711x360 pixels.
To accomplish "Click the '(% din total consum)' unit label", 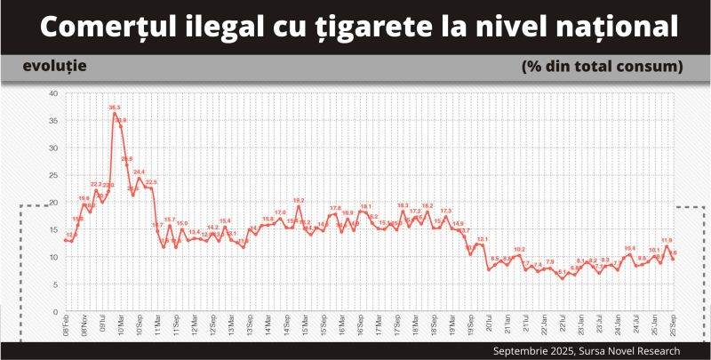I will (x=602, y=67).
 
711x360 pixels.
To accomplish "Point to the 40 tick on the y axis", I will (x=53, y=93).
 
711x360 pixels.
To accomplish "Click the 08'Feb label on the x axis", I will (x=67, y=326).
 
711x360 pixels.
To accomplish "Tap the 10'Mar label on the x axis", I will (x=121, y=326).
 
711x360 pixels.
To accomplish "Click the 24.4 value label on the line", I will (x=140, y=172).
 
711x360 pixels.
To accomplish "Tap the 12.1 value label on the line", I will (x=483, y=239).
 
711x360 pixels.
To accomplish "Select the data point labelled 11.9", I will (x=667, y=246).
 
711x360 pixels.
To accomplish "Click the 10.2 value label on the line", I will (x=520, y=250).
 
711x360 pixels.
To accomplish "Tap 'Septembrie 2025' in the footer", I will (x=534, y=350).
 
